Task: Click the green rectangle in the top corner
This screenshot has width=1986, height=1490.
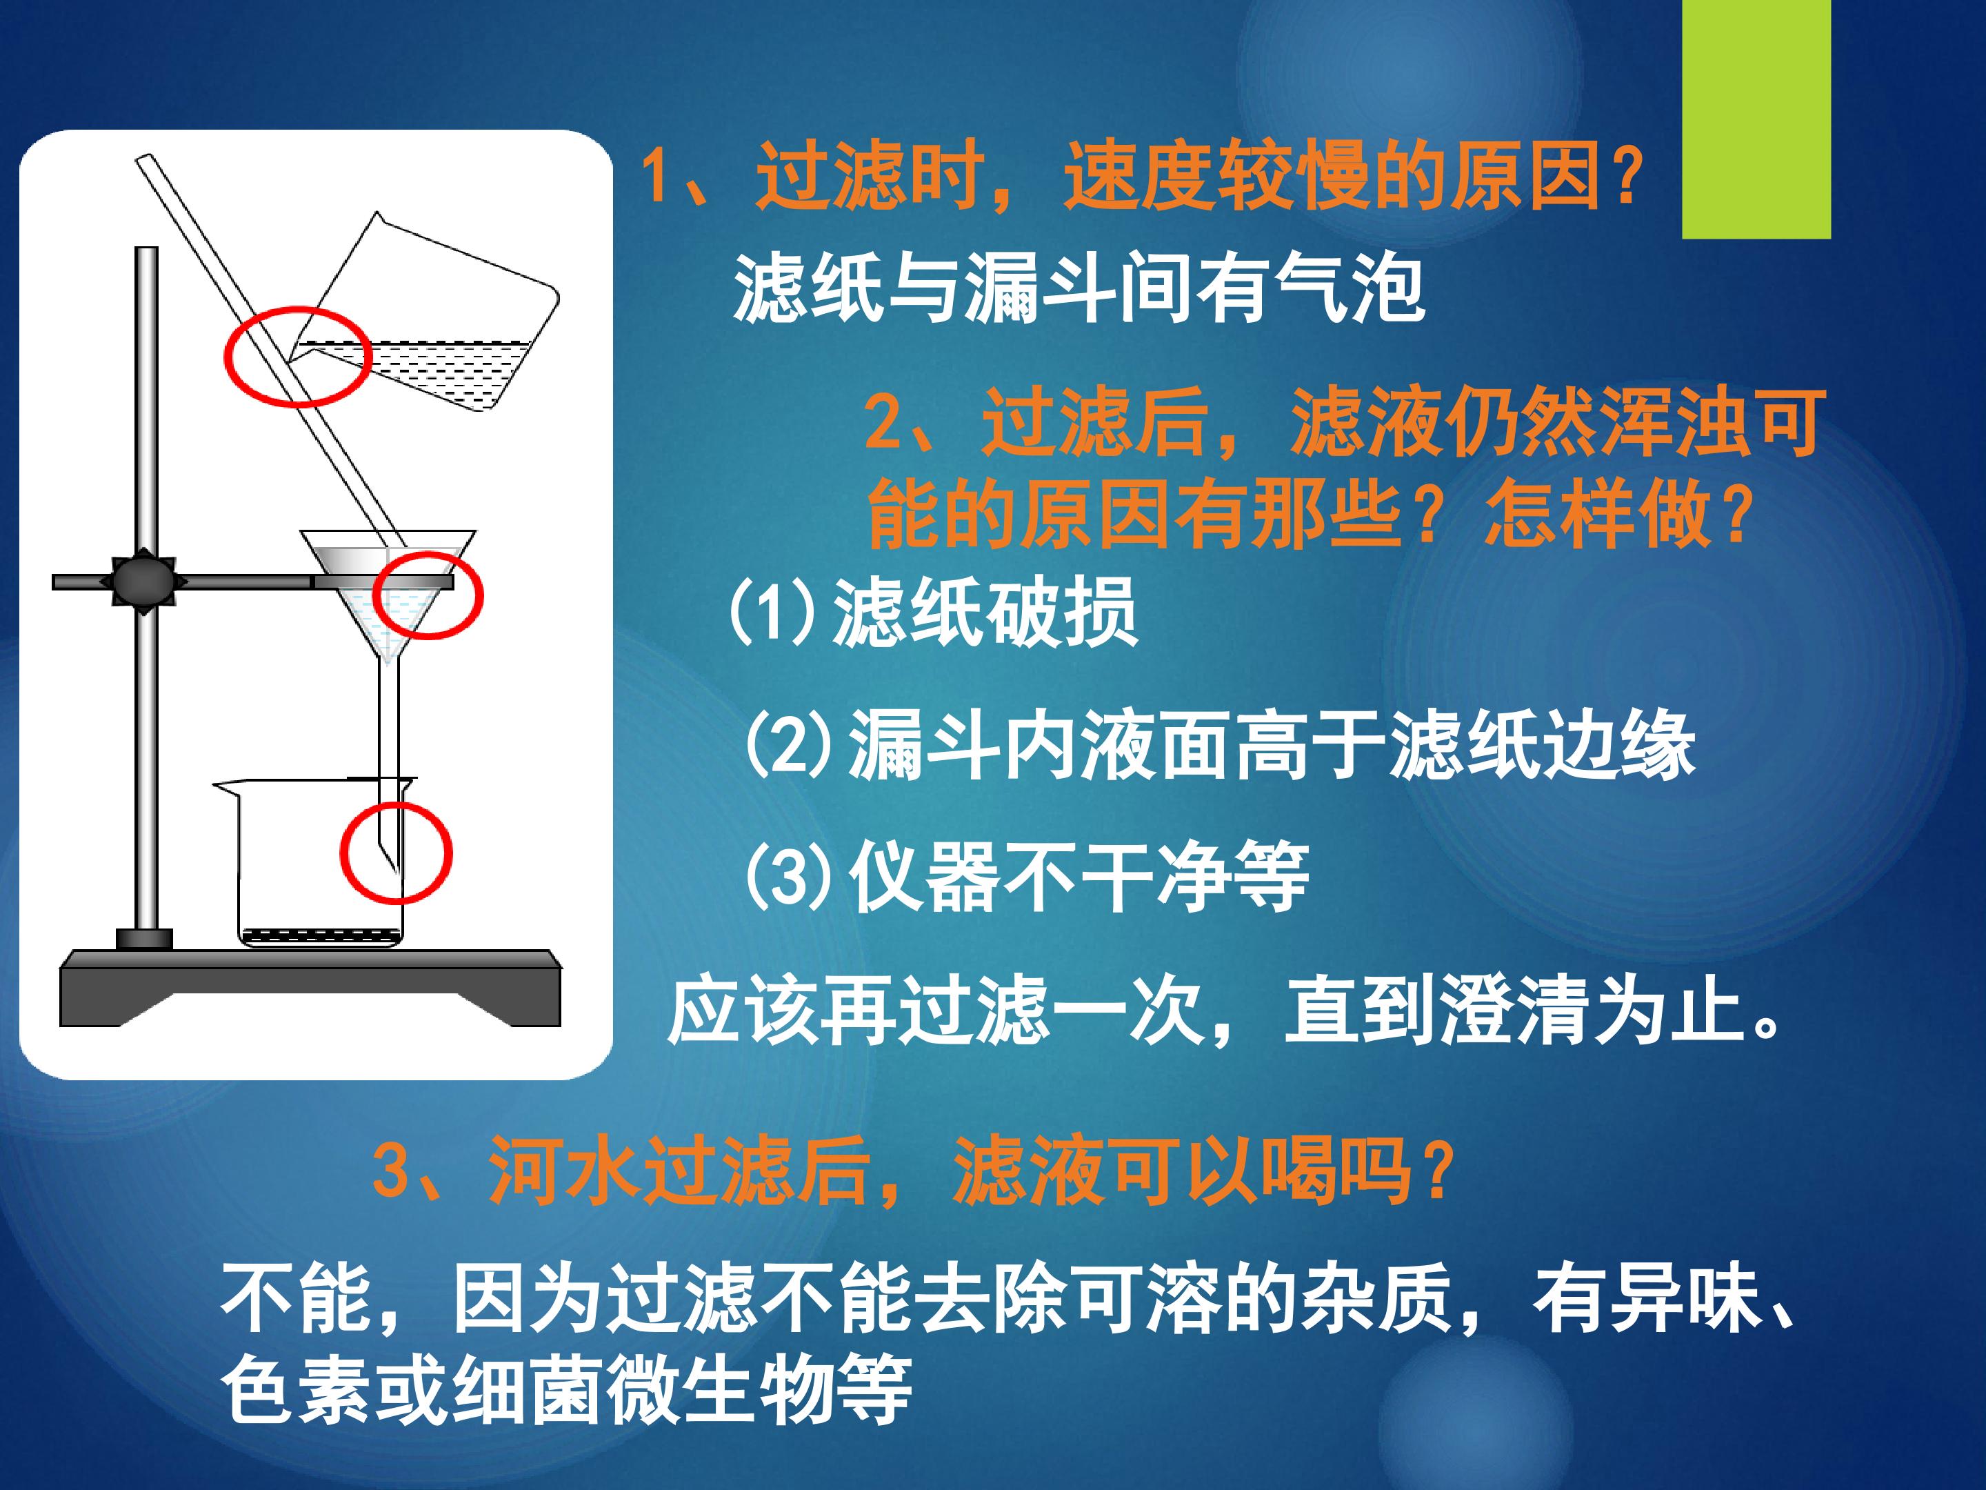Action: click(x=1756, y=119)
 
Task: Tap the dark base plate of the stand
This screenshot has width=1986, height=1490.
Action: click(x=310, y=988)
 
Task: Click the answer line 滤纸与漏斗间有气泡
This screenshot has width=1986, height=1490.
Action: click(x=1079, y=289)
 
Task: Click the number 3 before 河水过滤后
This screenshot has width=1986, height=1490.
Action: click(x=390, y=1170)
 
